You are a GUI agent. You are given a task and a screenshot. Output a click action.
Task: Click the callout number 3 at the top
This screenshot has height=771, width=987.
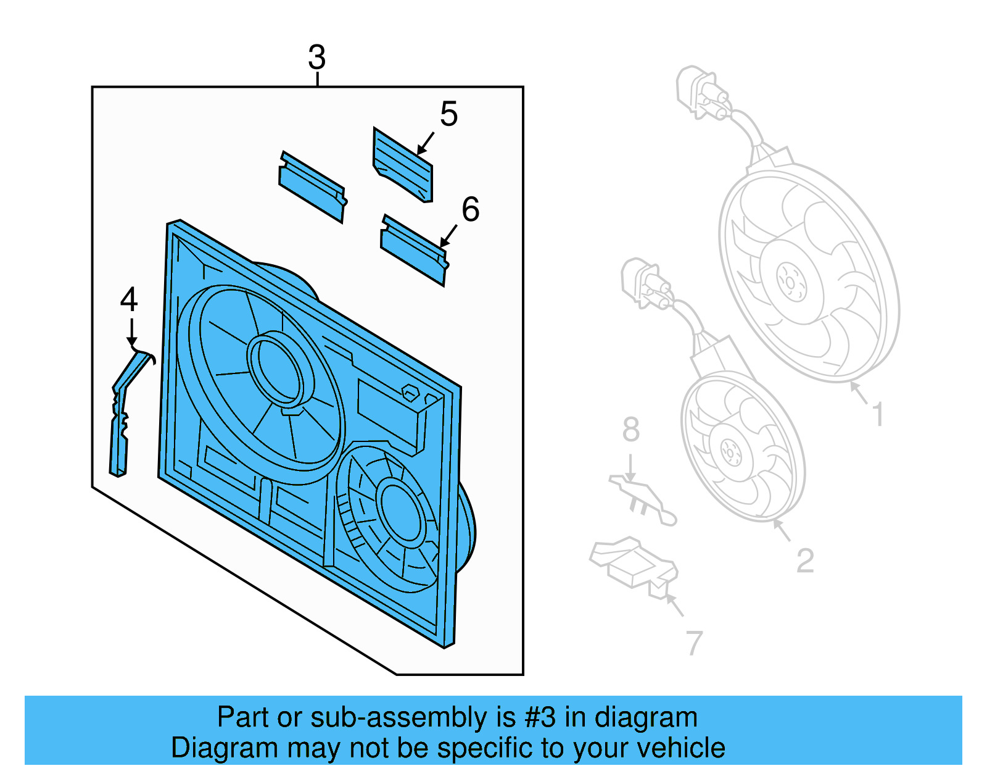point(316,58)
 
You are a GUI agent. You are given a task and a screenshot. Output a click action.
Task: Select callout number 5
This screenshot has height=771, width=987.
point(448,115)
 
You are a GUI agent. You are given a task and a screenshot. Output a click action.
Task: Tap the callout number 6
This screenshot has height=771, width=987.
point(470,209)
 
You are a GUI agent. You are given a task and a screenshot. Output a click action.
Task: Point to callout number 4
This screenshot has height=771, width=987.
point(128,300)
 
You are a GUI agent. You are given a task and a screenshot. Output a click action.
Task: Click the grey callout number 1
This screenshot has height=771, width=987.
point(878,414)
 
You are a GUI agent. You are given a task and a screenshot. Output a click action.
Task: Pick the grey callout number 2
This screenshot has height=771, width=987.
point(805,561)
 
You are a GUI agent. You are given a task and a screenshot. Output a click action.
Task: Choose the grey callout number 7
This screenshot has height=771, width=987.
point(694,643)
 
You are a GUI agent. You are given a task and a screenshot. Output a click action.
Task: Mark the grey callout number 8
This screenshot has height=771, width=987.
point(630,430)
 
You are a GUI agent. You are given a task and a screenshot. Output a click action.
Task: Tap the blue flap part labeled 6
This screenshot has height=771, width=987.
point(413,250)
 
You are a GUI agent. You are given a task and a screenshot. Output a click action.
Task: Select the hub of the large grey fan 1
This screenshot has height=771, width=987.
point(791,281)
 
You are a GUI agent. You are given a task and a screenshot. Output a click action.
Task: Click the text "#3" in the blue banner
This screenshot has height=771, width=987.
point(540,718)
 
